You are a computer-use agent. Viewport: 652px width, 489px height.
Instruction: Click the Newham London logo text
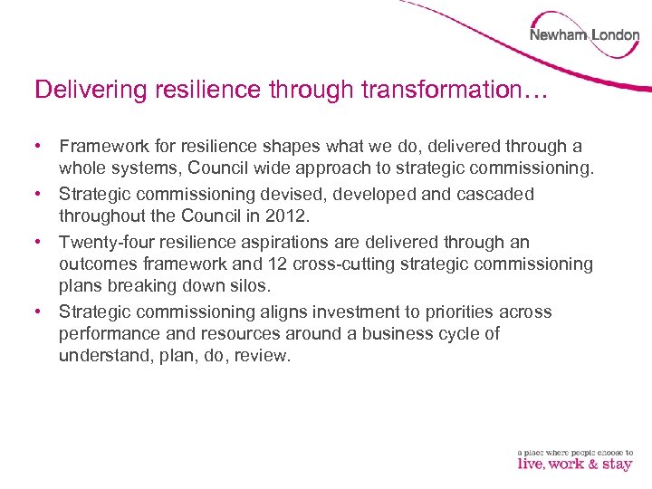coord(584,35)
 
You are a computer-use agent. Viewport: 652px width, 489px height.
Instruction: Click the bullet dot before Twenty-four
coord(40,243)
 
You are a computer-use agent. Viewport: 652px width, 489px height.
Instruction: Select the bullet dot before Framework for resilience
coord(40,146)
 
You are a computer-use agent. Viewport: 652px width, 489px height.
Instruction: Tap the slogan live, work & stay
coord(575,464)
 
